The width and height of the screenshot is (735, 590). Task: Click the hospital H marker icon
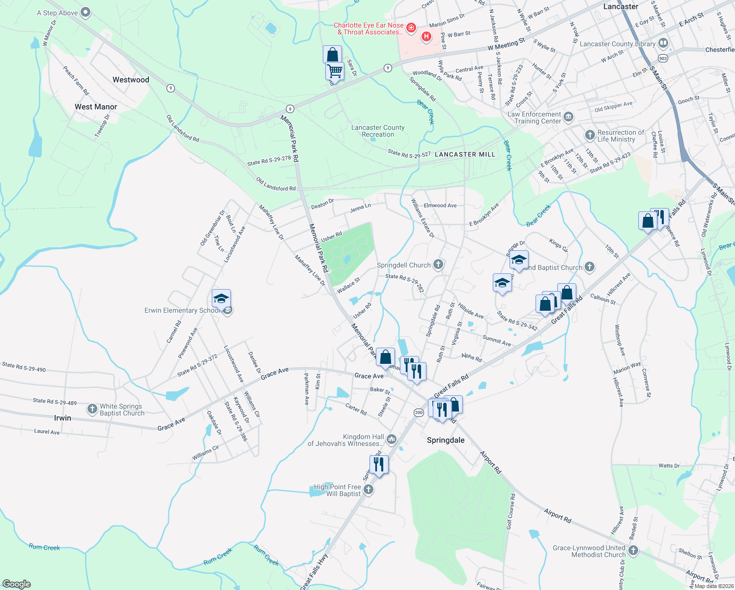426,36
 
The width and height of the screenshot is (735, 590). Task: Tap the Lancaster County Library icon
663,44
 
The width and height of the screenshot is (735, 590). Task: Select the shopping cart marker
335,70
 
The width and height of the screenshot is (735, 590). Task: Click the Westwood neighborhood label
131,80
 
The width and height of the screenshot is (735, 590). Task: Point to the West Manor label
96,107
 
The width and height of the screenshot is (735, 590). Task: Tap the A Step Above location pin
85,12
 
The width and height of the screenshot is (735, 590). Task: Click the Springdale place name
446,440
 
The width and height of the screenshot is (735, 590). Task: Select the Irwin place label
62,418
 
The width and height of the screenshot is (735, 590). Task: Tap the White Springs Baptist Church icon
92,409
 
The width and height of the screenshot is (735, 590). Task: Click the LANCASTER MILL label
465,154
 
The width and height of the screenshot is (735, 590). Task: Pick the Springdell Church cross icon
438,265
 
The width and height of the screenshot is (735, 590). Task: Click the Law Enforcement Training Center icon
568,117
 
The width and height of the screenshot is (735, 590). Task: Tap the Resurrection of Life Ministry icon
590,135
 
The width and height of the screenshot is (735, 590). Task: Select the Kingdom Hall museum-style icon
392,439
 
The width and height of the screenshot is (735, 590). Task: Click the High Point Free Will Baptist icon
368,490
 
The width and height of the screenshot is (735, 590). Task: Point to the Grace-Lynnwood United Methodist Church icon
633,551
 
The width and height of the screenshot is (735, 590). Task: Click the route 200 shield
419,413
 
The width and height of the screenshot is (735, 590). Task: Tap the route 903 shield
663,59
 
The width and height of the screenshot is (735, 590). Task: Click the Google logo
16,584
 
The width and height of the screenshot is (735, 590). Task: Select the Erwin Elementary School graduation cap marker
221,298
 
